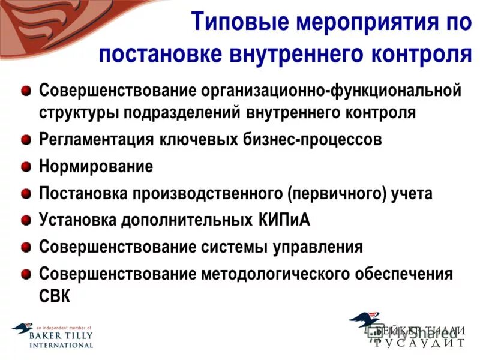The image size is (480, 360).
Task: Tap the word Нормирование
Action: pyautogui.click(x=96, y=166)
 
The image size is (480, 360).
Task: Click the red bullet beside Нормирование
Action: pyautogui.click(x=26, y=167)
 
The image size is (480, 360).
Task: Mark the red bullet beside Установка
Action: pyautogui.click(x=26, y=220)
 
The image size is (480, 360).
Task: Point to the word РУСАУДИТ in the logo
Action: pyautogui.click(x=419, y=343)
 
